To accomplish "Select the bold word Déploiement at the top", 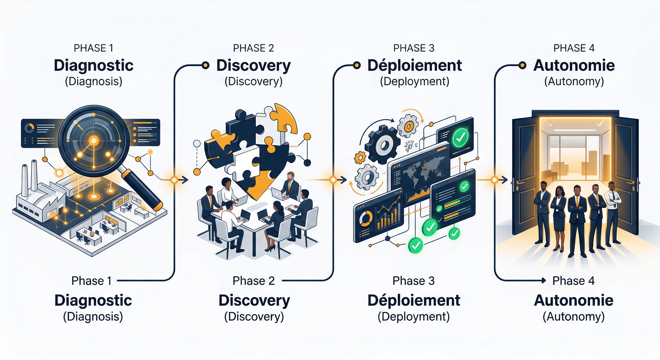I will click(x=414, y=66).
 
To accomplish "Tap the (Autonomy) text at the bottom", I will click(x=574, y=317).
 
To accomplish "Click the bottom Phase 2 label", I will click(x=254, y=281).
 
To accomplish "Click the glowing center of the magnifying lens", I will click(x=94, y=140).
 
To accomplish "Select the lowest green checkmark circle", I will click(x=415, y=245).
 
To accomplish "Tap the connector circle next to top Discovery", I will click(x=205, y=66).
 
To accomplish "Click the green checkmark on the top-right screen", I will click(x=460, y=138).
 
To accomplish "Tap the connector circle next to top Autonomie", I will click(x=522, y=66).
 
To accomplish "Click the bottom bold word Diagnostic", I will click(x=93, y=300).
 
